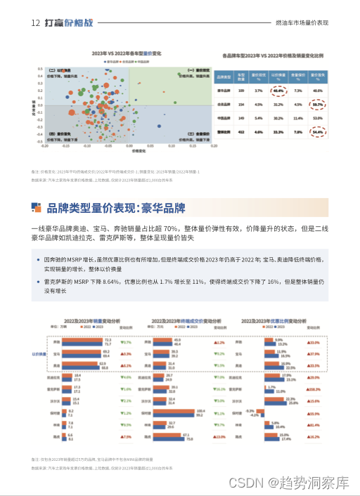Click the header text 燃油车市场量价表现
(x=302, y=23)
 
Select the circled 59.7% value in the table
(x=317, y=104)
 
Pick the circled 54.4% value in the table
(x=317, y=131)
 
